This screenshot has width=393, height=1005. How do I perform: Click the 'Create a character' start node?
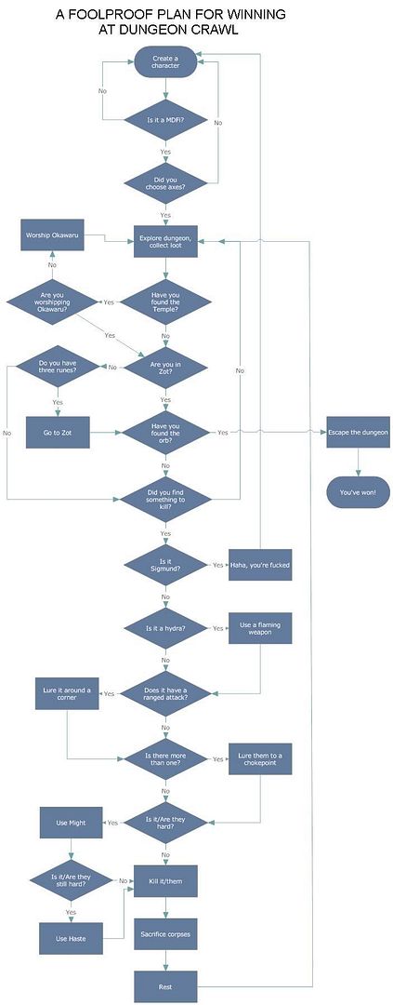click(x=165, y=61)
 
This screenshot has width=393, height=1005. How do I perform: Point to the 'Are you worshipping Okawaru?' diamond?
click(x=51, y=302)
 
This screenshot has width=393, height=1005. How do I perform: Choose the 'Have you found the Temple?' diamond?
click(x=165, y=302)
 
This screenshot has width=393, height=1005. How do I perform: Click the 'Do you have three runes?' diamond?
click(x=58, y=367)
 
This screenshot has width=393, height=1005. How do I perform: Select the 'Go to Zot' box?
click(x=58, y=433)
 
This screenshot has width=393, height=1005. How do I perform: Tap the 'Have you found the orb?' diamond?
click(x=165, y=433)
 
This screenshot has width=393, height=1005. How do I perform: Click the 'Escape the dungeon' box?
click(x=358, y=433)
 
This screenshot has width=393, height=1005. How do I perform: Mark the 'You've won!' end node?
click(x=358, y=490)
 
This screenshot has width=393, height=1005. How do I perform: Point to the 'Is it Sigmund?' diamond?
click(x=165, y=564)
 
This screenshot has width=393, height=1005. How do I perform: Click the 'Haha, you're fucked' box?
click(x=260, y=564)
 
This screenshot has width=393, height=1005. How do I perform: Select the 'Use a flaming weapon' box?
click(x=260, y=628)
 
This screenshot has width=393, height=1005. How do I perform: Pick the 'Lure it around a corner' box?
click(x=68, y=693)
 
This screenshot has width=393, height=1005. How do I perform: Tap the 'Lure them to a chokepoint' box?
click(x=260, y=758)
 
